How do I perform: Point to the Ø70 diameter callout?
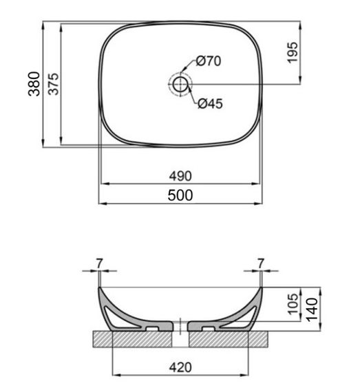click(x=208, y=61)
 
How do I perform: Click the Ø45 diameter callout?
click(x=210, y=105)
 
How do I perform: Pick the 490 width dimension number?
click(x=180, y=176)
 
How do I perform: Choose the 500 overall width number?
click(x=180, y=195)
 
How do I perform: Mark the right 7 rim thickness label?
click(x=260, y=263)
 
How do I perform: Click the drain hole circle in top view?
click(x=180, y=85)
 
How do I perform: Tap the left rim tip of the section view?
click(x=100, y=287)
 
